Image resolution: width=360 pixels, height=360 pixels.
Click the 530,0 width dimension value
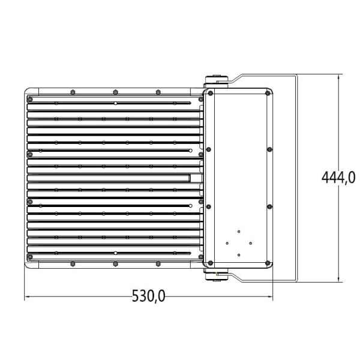149,296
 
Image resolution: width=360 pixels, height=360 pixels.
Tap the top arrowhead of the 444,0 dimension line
340,77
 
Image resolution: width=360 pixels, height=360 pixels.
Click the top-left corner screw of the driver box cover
209,93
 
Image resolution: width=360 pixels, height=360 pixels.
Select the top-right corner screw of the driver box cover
268,93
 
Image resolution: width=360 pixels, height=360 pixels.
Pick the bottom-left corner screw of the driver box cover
209,262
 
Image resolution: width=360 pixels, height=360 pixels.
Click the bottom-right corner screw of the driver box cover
268,262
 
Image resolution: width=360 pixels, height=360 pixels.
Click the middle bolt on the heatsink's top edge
115,92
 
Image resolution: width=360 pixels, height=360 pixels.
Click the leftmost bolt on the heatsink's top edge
72,92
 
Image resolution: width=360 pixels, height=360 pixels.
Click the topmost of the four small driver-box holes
238,231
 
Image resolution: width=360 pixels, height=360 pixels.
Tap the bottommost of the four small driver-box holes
238,255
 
